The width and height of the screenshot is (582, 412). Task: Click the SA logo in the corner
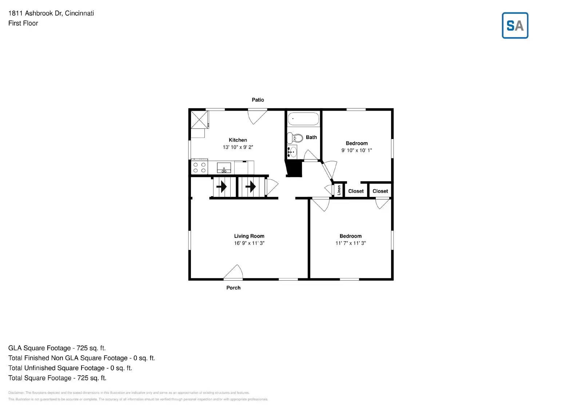click(515, 25)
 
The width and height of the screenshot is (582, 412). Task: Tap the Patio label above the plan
click(258, 100)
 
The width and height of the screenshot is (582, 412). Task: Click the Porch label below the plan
click(233, 288)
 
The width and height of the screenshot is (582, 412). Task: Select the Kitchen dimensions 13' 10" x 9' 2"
click(238, 147)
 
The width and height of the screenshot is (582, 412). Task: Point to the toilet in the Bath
click(295, 138)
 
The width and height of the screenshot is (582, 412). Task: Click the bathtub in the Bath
click(303, 119)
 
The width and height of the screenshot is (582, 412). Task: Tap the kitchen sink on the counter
click(224, 168)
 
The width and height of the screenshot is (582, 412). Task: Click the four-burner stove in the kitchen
click(199, 167)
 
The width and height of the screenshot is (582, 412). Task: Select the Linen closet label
click(339, 190)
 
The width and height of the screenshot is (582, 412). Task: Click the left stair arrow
click(221, 187)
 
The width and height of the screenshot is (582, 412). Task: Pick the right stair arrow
click(250, 187)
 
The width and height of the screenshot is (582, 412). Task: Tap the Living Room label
click(249, 236)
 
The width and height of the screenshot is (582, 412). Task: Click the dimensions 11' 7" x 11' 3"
click(350, 243)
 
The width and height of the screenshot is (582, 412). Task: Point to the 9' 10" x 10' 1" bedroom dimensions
click(356, 150)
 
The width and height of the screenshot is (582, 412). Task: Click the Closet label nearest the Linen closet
click(356, 191)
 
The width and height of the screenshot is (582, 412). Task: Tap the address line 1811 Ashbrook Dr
click(51, 13)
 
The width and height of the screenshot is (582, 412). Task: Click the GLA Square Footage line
click(57, 348)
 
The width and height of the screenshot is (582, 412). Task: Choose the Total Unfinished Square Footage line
click(70, 368)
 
